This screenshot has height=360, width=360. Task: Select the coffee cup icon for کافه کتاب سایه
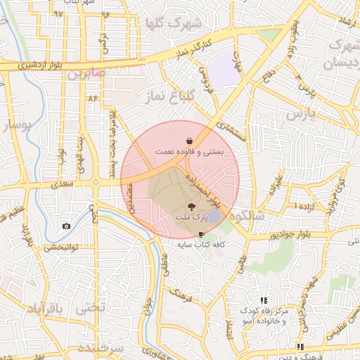(x=202, y=233)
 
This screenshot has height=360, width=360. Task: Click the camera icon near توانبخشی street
(x=66, y=226)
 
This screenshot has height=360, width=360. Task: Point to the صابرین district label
(x=88, y=72)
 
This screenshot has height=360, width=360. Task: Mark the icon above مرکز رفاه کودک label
(x=264, y=300)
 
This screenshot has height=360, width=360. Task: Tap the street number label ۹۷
(x=58, y=13)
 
